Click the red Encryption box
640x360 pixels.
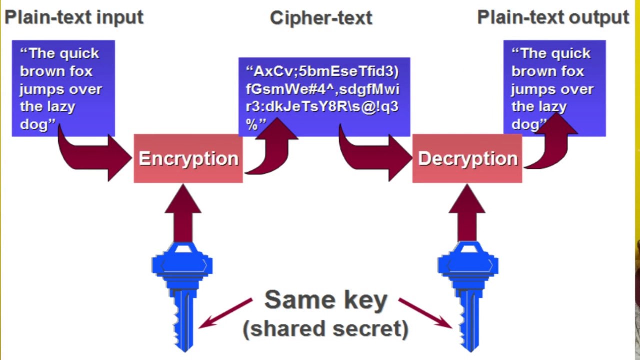coord(188,158)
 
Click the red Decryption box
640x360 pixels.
coord(467,158)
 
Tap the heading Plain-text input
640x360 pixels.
coord(74,17)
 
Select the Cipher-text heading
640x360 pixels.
coord(321,18)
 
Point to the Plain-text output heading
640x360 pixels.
coord(553,17)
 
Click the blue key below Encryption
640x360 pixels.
coord(182,295)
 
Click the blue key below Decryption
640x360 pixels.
coord(468,295)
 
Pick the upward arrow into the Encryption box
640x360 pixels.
coord(183,212)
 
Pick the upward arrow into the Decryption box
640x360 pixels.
coord(467,212)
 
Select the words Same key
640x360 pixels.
coord(326,300)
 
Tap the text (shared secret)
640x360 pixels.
coord(326,329)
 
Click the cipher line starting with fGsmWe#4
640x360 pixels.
coord(322,89)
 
